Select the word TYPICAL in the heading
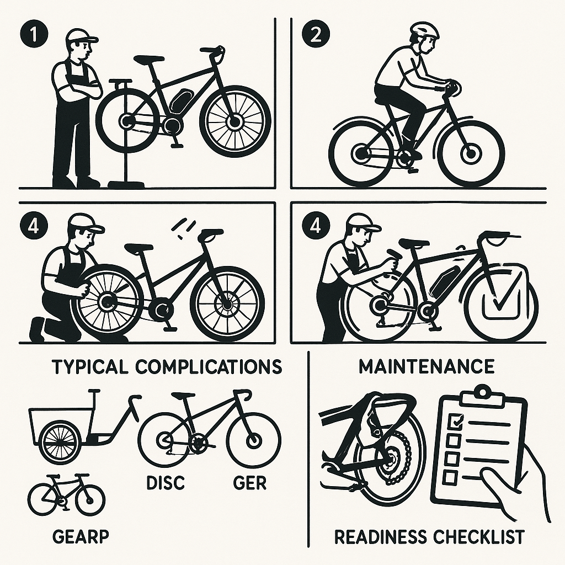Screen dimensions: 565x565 pos(90,366)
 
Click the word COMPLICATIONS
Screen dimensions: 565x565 pos(209,366)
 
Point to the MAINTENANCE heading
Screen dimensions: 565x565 pos(427,366)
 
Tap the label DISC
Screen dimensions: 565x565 pos(166,482)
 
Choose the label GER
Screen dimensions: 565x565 pos(250,482)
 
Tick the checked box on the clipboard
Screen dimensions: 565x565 pos(454,420)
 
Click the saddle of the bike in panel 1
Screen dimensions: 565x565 pos(148,58)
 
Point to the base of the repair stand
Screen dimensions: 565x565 pos(127,184)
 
